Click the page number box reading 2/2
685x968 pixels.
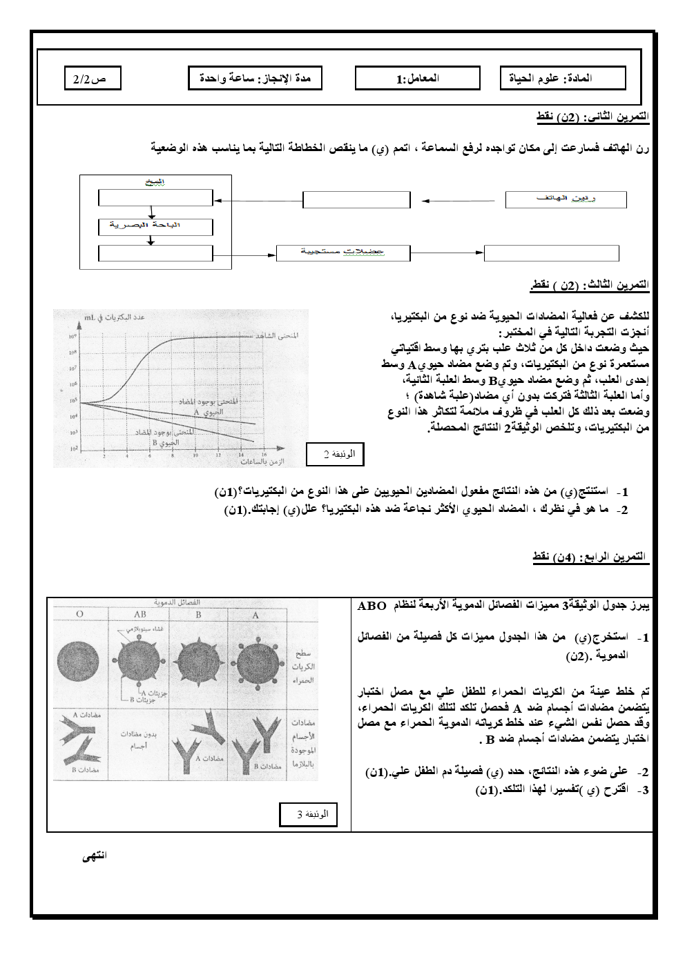(x=90, y=79)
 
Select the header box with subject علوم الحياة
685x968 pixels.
(x=563, y=79)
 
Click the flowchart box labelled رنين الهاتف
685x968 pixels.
(x=566, y=199)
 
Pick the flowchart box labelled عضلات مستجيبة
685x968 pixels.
(x=342, y=253)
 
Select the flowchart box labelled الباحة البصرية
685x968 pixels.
(x=155, y=226)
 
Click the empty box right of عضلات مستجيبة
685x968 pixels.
(x=541, y=253)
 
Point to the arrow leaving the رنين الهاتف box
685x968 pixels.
(x=459, y=200)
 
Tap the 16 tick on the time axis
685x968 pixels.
(x=242, y=456)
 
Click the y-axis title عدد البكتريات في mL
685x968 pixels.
(x=113, y=317)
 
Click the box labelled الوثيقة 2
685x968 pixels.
(x=335, y=454)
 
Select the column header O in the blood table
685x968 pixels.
(x=81, y=614)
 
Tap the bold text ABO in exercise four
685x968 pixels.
(x=372, y=606)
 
